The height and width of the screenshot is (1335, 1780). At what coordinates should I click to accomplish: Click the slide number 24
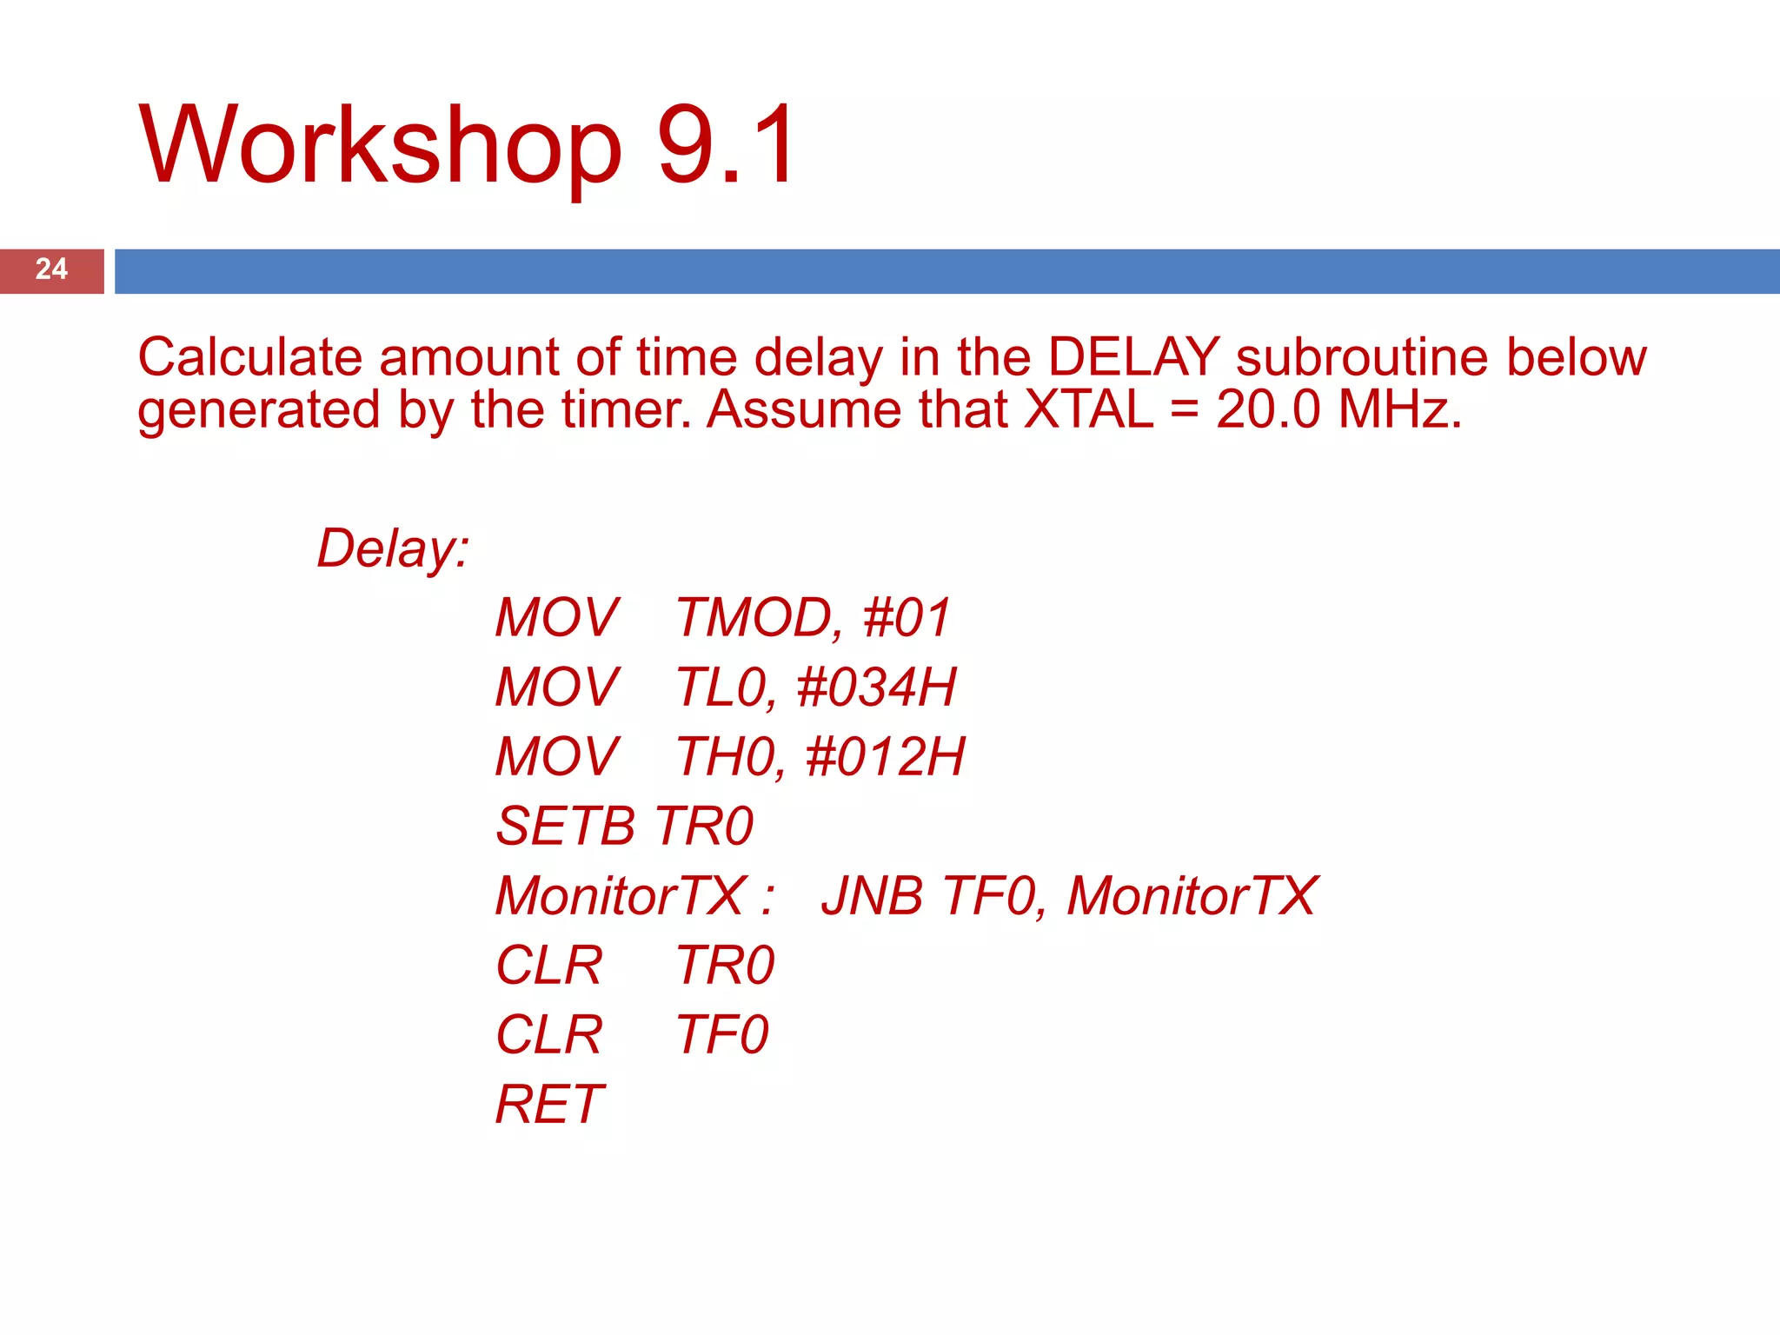pos(51,269)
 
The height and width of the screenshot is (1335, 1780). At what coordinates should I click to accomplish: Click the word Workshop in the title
pos(380,146)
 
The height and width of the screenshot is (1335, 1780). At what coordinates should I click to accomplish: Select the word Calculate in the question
pos(249,358)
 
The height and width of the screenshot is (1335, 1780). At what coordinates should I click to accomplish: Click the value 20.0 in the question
pos(1267,410)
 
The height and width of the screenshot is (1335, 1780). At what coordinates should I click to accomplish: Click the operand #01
pos(907,619)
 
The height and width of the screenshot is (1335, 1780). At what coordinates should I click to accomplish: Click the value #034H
pos(876,688)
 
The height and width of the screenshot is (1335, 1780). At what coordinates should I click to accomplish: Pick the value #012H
pos(885,757)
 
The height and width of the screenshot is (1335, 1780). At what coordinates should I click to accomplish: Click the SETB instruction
pos(565,827)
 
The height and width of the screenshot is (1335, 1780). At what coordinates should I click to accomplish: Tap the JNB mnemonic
pos(872,896)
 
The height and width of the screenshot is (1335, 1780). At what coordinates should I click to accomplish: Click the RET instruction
pos(549,1105)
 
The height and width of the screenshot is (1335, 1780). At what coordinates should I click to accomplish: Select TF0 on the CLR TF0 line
pos(722,1035)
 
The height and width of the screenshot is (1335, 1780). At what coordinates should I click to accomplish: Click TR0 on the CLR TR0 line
pos(725,966)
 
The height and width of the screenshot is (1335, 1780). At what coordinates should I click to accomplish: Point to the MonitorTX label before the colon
pos(621,896)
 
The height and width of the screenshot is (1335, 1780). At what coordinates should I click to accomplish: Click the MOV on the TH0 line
pos(557,757)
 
